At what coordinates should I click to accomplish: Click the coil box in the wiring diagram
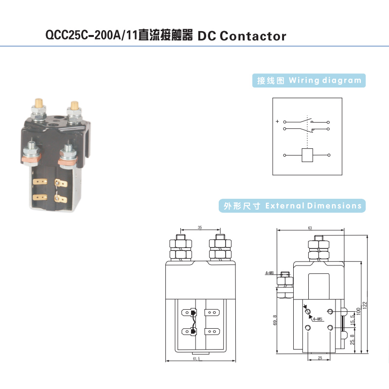point(307,155)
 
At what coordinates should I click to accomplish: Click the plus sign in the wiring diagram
point(277,122)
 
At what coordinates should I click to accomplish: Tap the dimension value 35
point(199,227)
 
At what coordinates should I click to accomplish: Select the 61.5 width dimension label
point(196,358)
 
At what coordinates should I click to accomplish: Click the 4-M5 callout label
point(318,319)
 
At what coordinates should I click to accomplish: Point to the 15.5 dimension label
point(352,320)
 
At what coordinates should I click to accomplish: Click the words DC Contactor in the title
point(242,36)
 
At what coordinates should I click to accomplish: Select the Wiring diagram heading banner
point(310,81)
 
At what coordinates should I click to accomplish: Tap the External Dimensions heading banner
point(291,206)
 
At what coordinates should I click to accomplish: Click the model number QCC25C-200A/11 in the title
point(91,36)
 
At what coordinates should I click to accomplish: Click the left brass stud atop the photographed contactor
point(37,105)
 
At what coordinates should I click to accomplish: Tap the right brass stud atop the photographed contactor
point(74,106)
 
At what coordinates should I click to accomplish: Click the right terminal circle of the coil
point(329,155)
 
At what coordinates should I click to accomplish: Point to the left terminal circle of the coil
point(284,155)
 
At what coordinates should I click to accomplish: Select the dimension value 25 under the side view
point(320,358)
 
